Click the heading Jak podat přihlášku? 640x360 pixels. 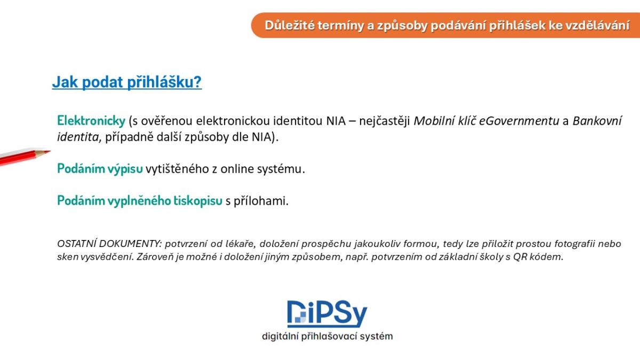[127, 82]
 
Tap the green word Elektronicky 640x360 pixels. [91, 121]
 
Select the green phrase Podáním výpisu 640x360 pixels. [100, 169]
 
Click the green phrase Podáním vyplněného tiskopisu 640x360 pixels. [140, 201]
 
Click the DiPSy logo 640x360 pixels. [327, 314]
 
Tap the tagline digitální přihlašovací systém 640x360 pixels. [327, 337]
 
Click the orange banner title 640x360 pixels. [447, 26]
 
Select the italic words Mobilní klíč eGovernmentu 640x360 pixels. [486, 121]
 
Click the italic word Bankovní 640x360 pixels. [597, 121]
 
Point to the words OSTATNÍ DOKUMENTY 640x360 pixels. [109, 244]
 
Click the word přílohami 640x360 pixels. [261, 201]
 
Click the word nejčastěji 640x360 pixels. [385, 121]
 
